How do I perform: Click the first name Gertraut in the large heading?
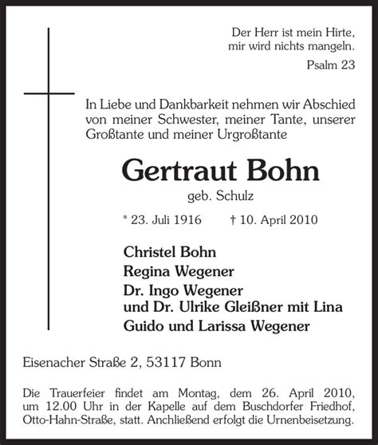pyautogui.click(x=178, y=171)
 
